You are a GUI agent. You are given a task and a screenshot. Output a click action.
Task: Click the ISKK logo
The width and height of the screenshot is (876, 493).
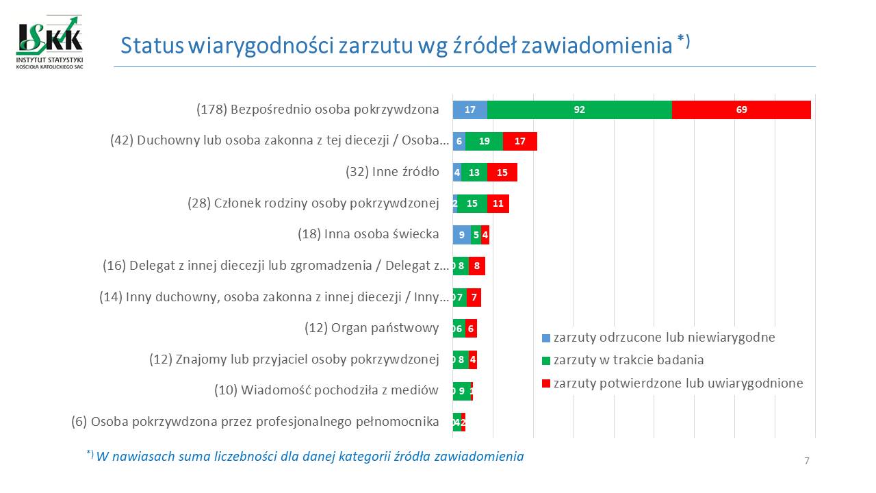pyautogui.click(x=49, y=42)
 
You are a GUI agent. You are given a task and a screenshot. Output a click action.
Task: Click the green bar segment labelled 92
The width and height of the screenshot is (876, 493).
pyautogui.click(x=579, y=110)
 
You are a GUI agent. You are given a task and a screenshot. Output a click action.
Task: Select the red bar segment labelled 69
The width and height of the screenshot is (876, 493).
pyautogui.click(x=741, y=110)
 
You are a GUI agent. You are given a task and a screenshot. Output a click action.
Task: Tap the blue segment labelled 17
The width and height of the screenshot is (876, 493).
pyautogui.click(x=469, y=110)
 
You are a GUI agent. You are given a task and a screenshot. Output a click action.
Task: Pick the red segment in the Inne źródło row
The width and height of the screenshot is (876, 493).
pyautogui.click(x=502, y=173)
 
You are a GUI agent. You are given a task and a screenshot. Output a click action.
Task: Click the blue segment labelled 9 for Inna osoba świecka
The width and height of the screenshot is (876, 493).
pyautogui.click(x=461, y=235)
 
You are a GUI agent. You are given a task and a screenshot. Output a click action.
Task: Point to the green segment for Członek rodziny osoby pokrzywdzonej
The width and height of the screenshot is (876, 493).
pyautogui.click(x=472, y=203)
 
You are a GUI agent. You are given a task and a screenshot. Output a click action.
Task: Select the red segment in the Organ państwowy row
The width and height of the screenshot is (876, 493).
pyautogui.click(x=471, y=329)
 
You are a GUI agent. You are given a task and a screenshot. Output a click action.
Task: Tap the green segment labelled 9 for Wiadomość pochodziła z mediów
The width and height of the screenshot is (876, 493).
pyautogui.click(x=462, y=391)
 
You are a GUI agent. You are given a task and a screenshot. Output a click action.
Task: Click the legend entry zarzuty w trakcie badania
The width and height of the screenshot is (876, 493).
pyautogui.click(x=628, y=360)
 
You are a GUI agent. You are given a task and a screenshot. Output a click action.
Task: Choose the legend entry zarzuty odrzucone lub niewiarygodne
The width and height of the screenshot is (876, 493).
pyautogui.click(x=664, y=338)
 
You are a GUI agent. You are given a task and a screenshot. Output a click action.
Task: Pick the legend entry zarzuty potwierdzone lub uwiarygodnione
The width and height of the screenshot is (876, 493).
pyautogui.click(x=678, y=383)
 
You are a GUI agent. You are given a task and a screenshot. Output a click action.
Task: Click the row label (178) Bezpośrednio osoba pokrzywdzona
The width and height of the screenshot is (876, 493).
pyautogui.click(x=318, y=110)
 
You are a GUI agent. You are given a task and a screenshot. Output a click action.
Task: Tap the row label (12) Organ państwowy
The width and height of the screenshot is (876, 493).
pyautogui.click(x=372, y=329)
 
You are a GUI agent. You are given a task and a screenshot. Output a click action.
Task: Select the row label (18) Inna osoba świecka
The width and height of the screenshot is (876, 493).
pyautogui.click(x=368, y=234)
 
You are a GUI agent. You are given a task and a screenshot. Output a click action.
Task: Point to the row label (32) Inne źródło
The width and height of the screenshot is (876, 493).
pyautogui.click(x=392, y=172)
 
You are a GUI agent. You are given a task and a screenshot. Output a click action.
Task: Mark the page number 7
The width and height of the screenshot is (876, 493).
pyautogui.click(x=807, y=461)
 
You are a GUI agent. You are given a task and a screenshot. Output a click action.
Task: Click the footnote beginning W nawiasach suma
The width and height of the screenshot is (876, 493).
pyautogui.click(x=310, y=456)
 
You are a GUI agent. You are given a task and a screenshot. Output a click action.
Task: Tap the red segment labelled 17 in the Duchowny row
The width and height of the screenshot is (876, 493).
pyautogui.click(x=519, y=141)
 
